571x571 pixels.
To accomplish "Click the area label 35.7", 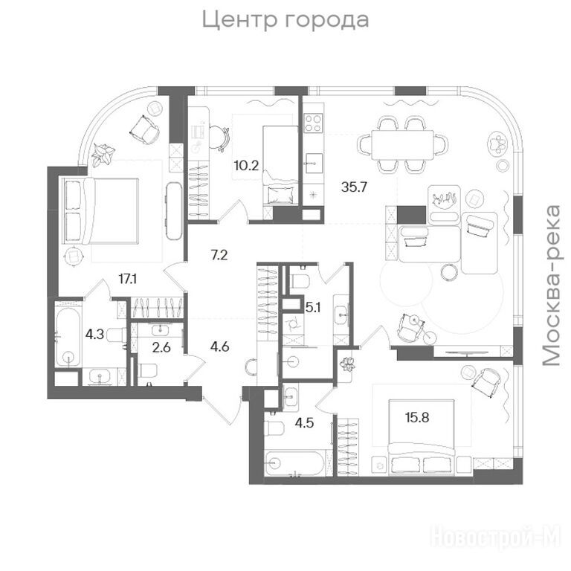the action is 354,187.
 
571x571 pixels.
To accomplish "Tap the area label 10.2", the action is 246,166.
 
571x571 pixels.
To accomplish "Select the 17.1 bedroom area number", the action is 128,280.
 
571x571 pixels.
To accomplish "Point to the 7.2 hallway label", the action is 219,255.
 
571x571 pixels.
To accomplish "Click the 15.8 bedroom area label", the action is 417,417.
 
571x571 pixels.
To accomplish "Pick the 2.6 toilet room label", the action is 161,347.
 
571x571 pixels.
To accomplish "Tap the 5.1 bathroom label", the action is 313,308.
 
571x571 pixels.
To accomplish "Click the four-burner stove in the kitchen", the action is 313,123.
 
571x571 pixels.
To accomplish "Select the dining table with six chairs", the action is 402,144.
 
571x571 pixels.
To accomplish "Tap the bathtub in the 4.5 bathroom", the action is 294,464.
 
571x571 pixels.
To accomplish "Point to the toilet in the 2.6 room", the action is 147,371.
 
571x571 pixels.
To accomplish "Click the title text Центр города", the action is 285,20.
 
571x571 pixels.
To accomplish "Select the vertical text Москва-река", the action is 551,285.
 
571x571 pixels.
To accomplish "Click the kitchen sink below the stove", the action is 313,163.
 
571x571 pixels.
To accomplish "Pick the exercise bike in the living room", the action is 415,328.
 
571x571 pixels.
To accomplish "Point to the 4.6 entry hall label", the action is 220,346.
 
